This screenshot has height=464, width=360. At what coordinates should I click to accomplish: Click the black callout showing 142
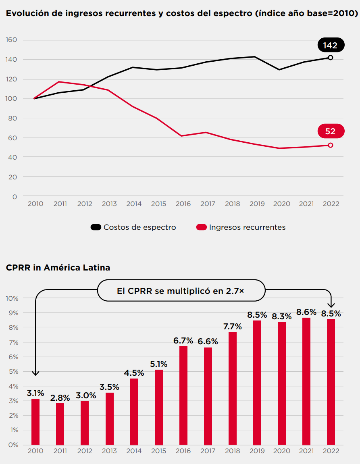tap(330, 45)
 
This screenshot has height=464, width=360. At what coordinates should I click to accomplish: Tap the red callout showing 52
tap(330, 131)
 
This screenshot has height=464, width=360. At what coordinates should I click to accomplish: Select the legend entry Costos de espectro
tap(133, 227)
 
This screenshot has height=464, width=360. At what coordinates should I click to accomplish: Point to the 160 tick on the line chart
tap(11, 40)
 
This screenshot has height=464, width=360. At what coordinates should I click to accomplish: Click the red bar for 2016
tap(183, 395)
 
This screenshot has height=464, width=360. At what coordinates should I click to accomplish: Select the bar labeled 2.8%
tap(60, 423)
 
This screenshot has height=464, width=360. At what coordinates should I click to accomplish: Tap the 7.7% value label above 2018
tap(232, 326)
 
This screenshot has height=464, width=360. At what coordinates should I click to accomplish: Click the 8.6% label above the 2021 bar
tap(306, 312)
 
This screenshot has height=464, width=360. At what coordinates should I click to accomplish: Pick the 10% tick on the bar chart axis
tap(12, 298)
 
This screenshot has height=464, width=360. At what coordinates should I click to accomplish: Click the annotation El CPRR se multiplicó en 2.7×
tap(181, 291)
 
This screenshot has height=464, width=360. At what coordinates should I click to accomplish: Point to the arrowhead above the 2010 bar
tap(36, 373)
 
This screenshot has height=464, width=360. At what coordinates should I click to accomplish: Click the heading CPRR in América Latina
tap(58, 267)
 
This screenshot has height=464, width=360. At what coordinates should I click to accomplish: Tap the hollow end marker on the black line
tap(331, 58)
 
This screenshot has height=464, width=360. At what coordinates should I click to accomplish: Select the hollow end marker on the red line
tap(331, 145)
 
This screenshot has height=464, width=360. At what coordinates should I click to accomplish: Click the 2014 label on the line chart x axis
tap(134, 204)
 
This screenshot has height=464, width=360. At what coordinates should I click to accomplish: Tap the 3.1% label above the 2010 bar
tap(35, 393)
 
